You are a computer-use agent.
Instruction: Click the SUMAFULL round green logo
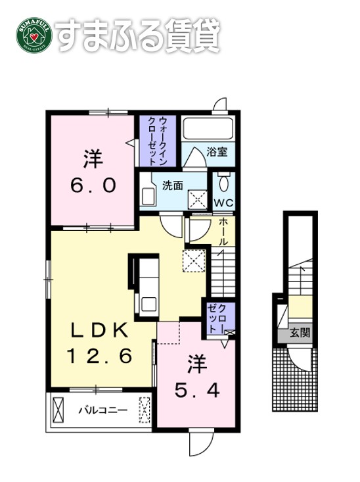(x=34, y=35)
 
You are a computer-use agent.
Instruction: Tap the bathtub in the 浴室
(x=208, y=128)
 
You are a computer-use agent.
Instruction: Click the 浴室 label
(x=217, y=151)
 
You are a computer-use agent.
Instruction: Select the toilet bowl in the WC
(x=223, y=183)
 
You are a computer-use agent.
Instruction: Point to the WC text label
(x=223, y=203)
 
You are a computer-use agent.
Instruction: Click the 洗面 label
(x=172, y=185)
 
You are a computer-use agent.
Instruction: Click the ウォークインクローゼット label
(x=158, y=141)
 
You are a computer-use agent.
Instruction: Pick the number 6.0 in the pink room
(x=93, y=185)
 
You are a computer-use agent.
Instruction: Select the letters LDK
(x=99, y=331)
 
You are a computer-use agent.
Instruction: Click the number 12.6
(x=99, y=356)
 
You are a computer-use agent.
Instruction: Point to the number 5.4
(x=197, y=391)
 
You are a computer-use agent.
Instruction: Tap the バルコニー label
(x=103, y=410)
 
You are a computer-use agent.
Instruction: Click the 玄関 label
(x=300, y=333)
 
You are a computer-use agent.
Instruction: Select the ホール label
(x=223, y=231)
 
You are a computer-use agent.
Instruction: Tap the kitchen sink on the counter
(x=149, y=304)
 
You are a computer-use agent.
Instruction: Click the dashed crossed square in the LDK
(x=194, y=260)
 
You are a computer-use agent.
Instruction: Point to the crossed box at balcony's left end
(x=58, y=410)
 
